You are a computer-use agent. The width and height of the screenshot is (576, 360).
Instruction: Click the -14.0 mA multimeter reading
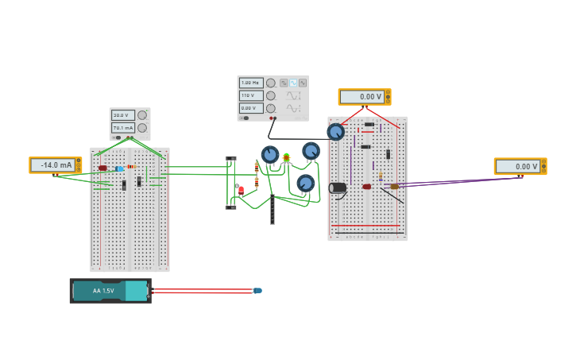coord(53,165)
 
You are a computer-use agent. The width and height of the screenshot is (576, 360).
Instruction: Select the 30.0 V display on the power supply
coord(122,115)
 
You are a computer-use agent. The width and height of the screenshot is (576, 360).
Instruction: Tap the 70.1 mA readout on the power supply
coord(122,128)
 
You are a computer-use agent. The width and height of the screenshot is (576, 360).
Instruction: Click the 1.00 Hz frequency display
coord(250,83)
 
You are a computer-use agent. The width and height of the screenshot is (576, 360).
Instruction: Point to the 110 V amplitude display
coord(250,95)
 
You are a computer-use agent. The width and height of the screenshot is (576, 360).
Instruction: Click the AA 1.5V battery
coord(110,291)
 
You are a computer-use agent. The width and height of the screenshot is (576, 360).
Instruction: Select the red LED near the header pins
coord(242,190)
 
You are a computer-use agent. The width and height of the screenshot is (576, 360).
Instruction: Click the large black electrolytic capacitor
coord(338,188)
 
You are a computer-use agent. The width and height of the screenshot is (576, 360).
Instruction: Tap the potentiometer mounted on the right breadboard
coord(336,132)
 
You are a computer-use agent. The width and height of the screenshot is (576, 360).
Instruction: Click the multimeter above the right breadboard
coord(364,97)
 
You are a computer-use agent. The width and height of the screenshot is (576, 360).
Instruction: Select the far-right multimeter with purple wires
coord(520,166)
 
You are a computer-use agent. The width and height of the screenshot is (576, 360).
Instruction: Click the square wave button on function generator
coord(284,83)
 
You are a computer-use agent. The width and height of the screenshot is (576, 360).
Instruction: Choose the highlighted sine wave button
coord(293,83)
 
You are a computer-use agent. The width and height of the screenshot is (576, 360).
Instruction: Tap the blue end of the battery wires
coord(257,291)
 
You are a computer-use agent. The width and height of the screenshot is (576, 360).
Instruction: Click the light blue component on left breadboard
coord(120,168)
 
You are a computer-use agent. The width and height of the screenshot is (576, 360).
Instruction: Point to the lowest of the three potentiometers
coord(305,184)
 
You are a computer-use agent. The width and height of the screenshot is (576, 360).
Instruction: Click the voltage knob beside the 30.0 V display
coord(142,115)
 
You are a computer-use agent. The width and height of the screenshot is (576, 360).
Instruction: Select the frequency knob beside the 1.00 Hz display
coord(271,83)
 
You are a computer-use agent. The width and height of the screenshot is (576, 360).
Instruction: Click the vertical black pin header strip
coord(272,211)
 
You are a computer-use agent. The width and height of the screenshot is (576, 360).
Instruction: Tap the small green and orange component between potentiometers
coord(286,157)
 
